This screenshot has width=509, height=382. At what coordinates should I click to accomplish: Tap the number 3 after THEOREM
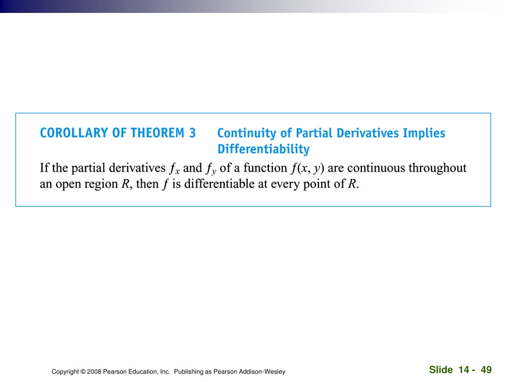pos(192,133)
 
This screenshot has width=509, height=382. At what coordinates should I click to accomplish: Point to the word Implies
pos(424,133)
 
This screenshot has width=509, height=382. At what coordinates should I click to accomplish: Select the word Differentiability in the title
pos(263,149)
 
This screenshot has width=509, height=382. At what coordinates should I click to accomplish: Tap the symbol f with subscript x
pos(174,169)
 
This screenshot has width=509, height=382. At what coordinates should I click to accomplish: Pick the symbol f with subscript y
pos(211,169)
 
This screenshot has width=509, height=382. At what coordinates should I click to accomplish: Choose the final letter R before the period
pos(352,184)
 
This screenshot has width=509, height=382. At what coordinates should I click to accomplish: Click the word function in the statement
pos(265,168)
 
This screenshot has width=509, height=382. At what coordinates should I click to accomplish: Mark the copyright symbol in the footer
pos(83,372)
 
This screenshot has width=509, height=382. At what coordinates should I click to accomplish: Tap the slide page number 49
pos(486,370)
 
